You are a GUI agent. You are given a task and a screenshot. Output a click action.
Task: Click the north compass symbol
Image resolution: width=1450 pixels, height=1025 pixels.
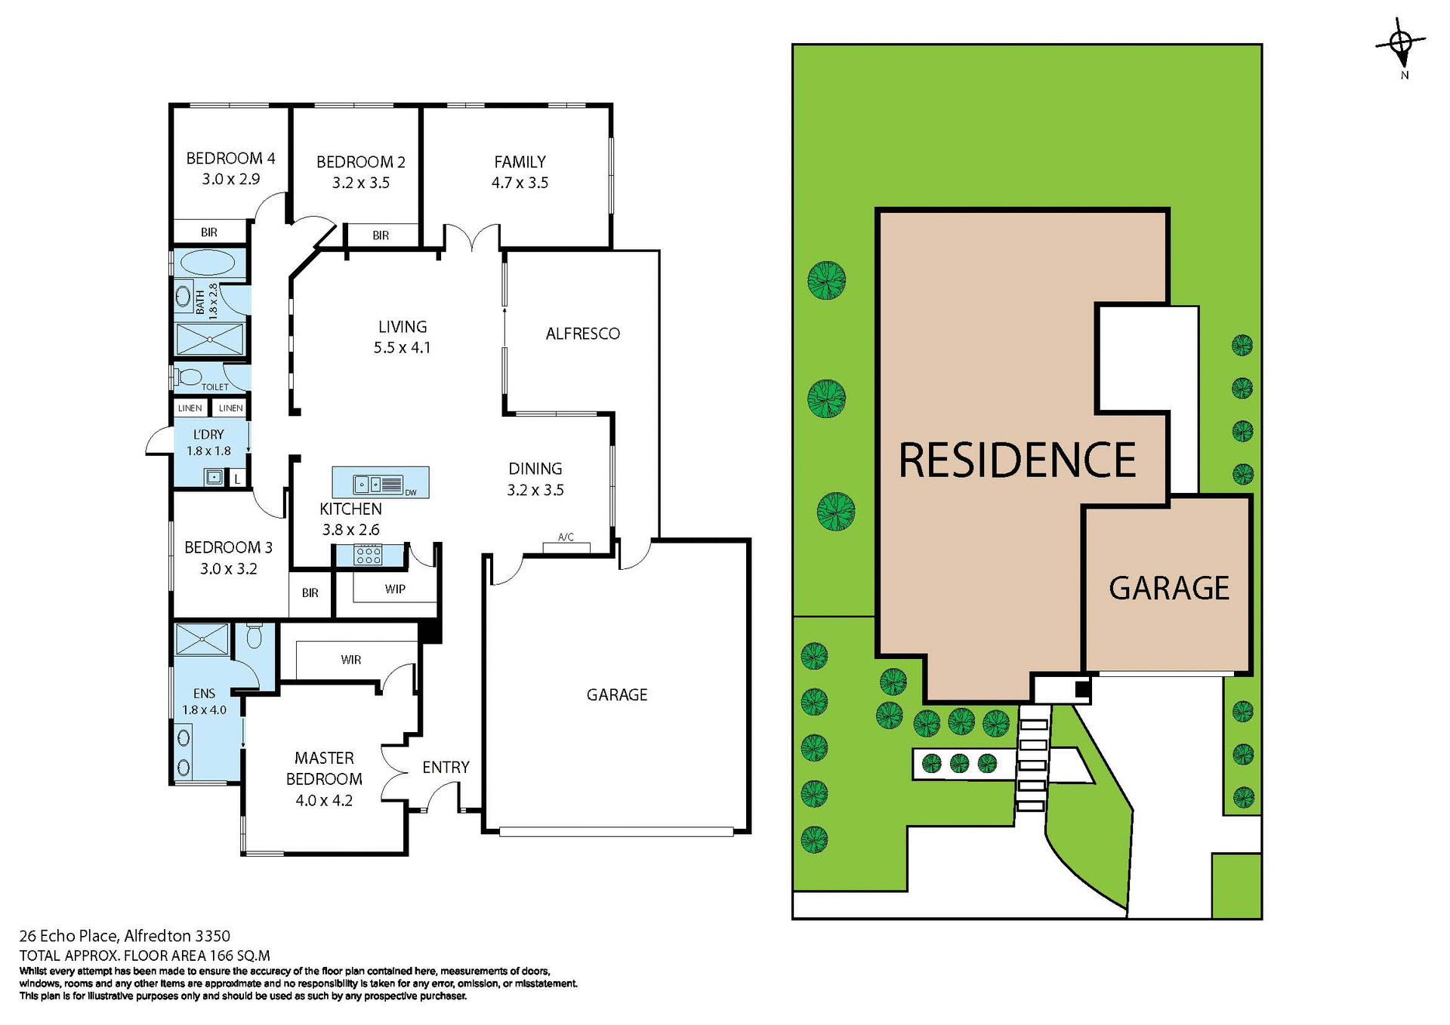point(1401,45)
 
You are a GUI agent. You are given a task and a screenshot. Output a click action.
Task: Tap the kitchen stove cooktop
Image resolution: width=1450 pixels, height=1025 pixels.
point(369,555)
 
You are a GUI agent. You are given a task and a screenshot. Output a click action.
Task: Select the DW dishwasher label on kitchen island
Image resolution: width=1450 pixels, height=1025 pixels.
point(411,493)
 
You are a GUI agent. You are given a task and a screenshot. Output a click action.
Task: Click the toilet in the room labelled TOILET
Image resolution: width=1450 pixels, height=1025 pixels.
point(189,376)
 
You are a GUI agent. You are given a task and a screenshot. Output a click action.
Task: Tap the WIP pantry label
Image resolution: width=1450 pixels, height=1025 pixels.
point(395,589)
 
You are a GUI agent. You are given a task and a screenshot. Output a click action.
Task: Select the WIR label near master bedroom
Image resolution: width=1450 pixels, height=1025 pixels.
point(351,660)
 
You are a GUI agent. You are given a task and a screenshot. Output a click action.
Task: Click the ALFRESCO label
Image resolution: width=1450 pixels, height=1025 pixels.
point(582,334)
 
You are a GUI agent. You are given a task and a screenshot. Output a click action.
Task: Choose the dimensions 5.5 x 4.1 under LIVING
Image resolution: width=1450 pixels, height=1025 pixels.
point(402,348)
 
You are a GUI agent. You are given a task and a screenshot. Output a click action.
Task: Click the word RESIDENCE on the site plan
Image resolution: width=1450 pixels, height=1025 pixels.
point(1017,460)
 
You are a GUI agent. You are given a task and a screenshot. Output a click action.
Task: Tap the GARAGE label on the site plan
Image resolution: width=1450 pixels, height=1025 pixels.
point(1168,588)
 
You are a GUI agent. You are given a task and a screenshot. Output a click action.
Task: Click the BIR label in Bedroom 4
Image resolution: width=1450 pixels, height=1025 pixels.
point(209,232)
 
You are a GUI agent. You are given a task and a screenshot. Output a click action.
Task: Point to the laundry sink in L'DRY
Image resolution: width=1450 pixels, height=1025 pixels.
point(214,477)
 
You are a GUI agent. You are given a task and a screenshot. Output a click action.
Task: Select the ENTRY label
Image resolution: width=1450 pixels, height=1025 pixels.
point(446,767)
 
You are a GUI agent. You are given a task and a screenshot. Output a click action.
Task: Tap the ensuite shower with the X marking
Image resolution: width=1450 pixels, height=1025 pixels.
point(202,639)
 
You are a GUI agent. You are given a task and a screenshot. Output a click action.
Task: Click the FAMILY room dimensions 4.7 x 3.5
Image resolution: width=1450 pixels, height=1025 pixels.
point(520,183)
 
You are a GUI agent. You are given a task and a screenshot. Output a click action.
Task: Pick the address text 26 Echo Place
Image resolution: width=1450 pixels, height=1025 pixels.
point(68,937)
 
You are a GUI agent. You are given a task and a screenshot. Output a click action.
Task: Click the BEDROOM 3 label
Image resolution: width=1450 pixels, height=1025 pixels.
point(228,547)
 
